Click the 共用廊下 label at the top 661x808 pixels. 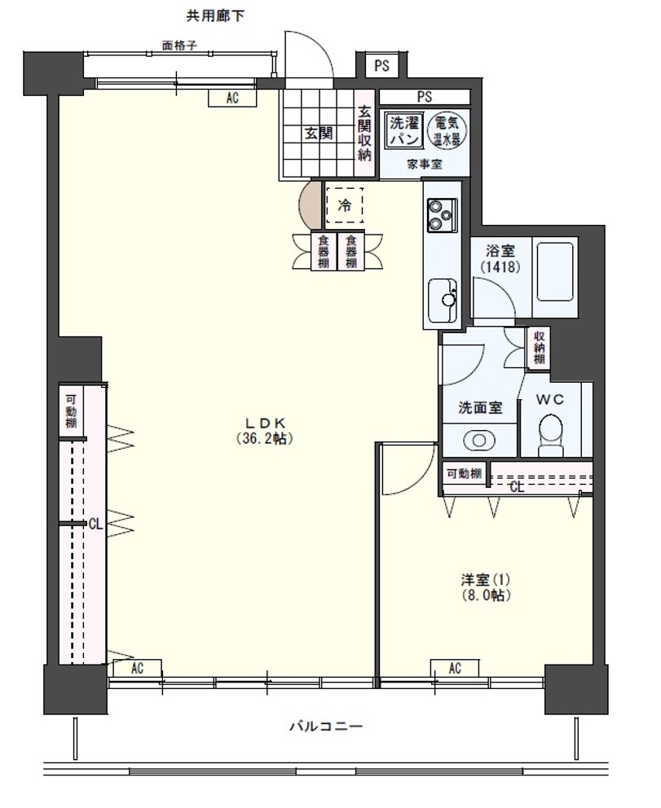[215, 16]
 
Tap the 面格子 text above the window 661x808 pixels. [179, 46]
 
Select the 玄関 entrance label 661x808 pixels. [319, 134]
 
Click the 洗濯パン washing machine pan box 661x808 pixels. [405, 131]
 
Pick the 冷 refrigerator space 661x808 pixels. [345, 205]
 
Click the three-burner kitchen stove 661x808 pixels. [442, 215]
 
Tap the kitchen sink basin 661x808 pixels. [442, 301]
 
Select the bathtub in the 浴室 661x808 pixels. [555, 271]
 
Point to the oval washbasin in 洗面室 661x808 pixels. [479, 441]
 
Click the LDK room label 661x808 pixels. [265, 431]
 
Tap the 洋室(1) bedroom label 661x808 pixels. [487, 587]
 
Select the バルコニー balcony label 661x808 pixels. [326, 727]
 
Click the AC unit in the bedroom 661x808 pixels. [455, 668]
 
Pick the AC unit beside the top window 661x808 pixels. [232, 98]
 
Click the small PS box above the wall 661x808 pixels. [381, 66]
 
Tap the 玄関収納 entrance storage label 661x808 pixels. [365, 133]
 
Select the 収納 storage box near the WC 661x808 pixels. [539, 348]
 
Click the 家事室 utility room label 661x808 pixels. [425, 165]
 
